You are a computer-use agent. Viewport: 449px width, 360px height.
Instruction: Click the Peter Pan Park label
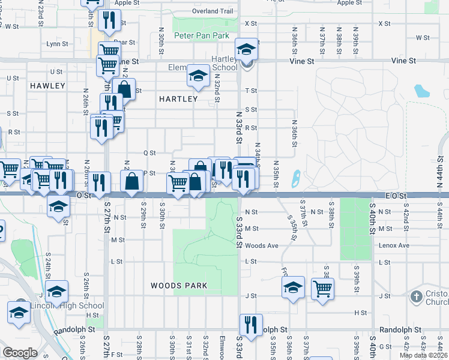[x=202, y=36]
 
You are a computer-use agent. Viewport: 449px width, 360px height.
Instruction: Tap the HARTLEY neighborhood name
[x=178, y=99]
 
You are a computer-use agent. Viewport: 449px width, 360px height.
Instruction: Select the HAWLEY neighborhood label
[x=47, y=86]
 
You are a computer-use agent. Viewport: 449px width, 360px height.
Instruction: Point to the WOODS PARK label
[x=179, y=286]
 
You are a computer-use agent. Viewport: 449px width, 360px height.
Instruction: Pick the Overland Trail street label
[x=212, y=11]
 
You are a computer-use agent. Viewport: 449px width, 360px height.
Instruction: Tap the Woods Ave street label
[x=262, y=245]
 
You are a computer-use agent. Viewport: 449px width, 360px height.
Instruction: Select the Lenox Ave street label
[x=394, y=245]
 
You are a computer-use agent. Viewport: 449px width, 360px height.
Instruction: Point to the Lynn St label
[x=57, y=44]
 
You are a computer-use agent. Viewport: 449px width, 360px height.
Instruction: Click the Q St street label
[x=149, y=153]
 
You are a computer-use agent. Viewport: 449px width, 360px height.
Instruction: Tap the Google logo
[x=20, y=353]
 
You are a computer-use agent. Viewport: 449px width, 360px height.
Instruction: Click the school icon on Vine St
[x=246, y=49]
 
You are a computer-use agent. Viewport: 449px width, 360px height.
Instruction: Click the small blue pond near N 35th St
[x=296, y=178]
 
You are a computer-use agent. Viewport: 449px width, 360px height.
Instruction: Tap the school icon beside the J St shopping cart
[x=293, y=287]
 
